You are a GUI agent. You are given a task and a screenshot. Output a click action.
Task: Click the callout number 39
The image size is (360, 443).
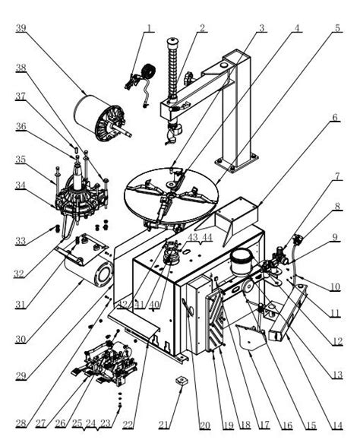pos(21,28)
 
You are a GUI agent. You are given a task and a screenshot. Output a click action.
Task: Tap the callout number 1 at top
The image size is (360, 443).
pos(150,28)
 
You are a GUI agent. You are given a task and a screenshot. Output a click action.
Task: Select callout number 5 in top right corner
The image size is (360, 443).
pos(337,28)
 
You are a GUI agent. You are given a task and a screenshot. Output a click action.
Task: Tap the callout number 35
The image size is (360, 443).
pos(21,160)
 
